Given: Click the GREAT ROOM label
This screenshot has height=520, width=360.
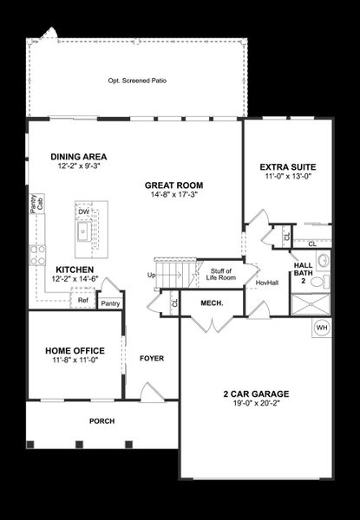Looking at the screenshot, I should [174, 185].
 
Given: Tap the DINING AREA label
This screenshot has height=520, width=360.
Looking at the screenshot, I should [78, 157].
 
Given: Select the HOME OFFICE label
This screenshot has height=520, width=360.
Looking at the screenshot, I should [75, 350].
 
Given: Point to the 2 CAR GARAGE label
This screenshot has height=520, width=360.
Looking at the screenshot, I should [257, 393].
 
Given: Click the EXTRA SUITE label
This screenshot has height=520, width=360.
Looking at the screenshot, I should [288, 166].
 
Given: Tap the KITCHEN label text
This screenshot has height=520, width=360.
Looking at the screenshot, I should [75, 269].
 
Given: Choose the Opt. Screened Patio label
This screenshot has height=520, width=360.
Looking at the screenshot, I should [137, 81].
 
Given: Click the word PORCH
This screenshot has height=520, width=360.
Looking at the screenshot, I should [101, 421].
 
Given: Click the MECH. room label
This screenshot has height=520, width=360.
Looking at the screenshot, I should [213, 303].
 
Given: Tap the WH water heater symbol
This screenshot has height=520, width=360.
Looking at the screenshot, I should [321, 328].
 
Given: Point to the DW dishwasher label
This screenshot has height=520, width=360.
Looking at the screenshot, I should [83, 212].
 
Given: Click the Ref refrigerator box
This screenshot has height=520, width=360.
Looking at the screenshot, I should [83, 301].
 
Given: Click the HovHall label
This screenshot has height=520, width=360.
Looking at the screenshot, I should [267, 283].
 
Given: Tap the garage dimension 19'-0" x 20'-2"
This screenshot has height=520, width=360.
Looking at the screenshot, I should [257, 403].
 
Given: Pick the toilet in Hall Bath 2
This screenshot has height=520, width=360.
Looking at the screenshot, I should [317, 282].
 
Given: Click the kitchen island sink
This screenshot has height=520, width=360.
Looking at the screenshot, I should [84, 232].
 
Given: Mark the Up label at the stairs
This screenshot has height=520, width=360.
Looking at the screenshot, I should [152, 276].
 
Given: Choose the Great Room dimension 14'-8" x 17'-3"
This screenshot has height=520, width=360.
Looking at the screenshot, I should [174, 195].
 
